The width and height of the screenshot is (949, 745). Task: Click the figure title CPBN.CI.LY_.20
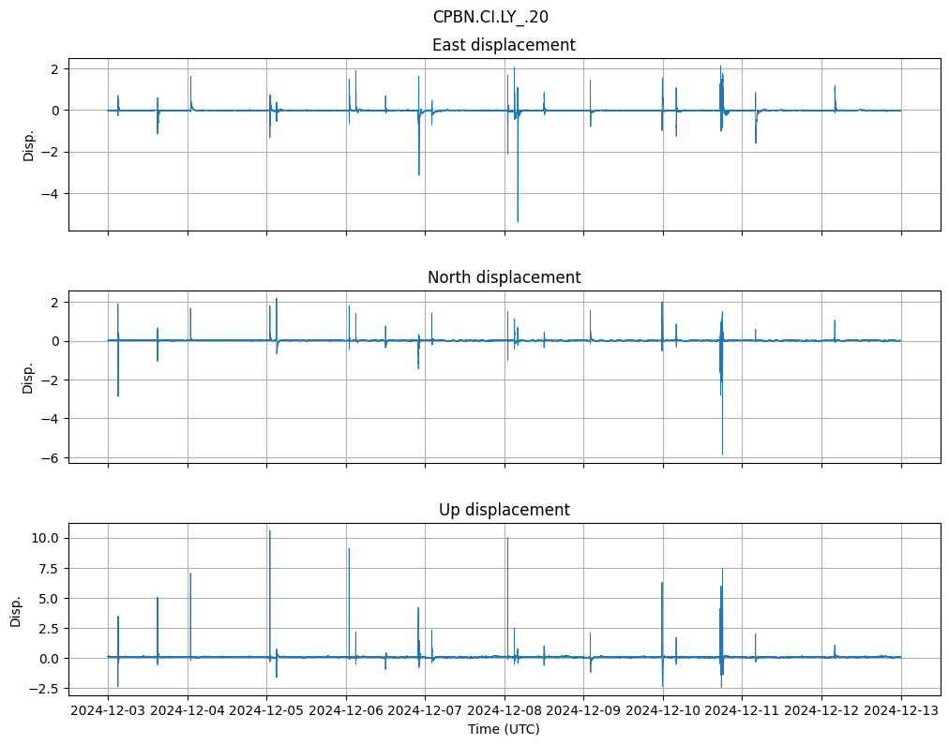(x=490, y=17)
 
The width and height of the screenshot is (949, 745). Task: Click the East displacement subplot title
(x=504, y=45)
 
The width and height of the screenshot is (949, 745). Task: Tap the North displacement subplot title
(x=504, y=277)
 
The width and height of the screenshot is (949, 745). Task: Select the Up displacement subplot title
(x=504, y=510)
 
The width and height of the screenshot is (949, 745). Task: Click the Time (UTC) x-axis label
(x=504, y=729)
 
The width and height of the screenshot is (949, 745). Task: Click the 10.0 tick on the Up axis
(x=47, y=538)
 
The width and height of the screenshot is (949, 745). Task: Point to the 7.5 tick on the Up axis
(x=51, y=568)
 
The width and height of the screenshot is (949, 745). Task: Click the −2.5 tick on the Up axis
(x=47, y=689)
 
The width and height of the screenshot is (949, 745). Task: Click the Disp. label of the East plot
(x=28, y=144)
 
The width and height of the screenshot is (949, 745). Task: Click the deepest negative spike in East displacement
(x=518, y=221)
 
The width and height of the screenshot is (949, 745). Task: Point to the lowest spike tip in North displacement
(x=722, y=454)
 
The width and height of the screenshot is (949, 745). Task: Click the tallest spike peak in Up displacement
(x=270, y=531)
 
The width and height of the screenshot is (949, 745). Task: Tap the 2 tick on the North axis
(x=55, y=302)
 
